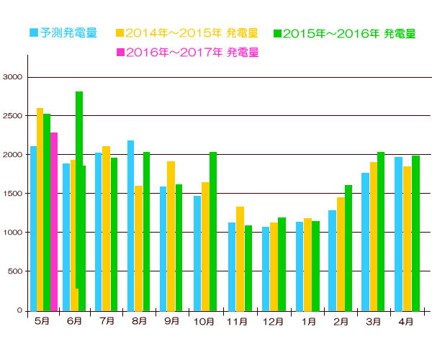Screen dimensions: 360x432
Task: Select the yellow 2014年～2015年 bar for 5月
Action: click(40, 209)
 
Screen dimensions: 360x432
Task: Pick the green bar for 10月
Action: click(212, 231)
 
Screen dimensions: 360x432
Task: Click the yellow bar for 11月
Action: click(240, 258)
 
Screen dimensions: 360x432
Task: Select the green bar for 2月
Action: click(348, 248)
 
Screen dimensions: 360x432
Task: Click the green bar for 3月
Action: click(381, 231)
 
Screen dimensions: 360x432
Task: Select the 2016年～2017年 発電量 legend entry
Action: click(186, 52)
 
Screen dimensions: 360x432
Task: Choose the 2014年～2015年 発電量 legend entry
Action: click(186, 33)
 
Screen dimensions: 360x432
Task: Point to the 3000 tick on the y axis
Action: click(14, 77)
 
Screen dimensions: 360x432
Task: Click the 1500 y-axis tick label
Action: click(14, 194)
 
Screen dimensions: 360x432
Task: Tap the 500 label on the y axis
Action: click(16, 271)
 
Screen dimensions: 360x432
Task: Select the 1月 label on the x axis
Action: click(307, 322)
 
